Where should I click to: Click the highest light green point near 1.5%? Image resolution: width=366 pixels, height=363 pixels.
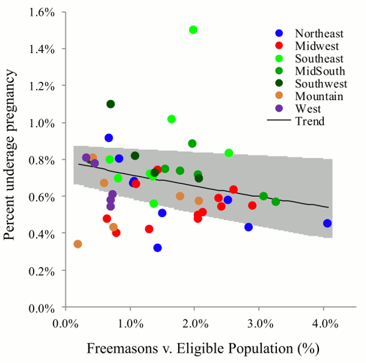[x=193, y=30]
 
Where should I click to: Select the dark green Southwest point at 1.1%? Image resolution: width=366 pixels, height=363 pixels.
[x=110, y=104]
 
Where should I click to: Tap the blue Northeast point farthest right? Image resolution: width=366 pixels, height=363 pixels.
[x=328, y=223]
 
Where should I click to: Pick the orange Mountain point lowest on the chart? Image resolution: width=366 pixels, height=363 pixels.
[x=77, y=244]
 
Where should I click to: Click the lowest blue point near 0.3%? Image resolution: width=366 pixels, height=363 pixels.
[x=157, y=248]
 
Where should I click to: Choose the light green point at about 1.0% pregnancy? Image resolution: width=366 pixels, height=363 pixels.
[x=171, y=119]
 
